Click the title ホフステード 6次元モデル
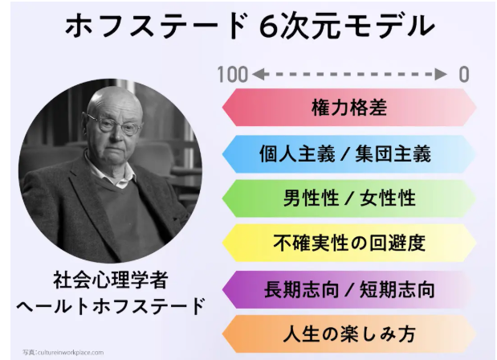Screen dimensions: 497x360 250,26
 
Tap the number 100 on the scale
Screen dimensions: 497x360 232,75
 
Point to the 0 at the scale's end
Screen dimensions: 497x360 464,75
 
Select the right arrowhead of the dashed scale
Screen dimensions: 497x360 441,75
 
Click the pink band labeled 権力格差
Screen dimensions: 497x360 349,107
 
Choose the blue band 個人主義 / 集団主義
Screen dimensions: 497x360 349,153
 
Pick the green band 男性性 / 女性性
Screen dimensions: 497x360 349,198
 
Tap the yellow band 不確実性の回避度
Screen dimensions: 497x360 349,243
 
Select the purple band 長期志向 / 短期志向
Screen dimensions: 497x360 349,289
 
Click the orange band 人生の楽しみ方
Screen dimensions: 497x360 349,334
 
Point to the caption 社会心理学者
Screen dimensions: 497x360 110,280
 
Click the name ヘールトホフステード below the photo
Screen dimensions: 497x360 110,306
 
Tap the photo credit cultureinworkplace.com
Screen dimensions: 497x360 63,353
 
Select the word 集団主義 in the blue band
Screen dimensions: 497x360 393,154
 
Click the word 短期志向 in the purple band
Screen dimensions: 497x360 397,289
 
